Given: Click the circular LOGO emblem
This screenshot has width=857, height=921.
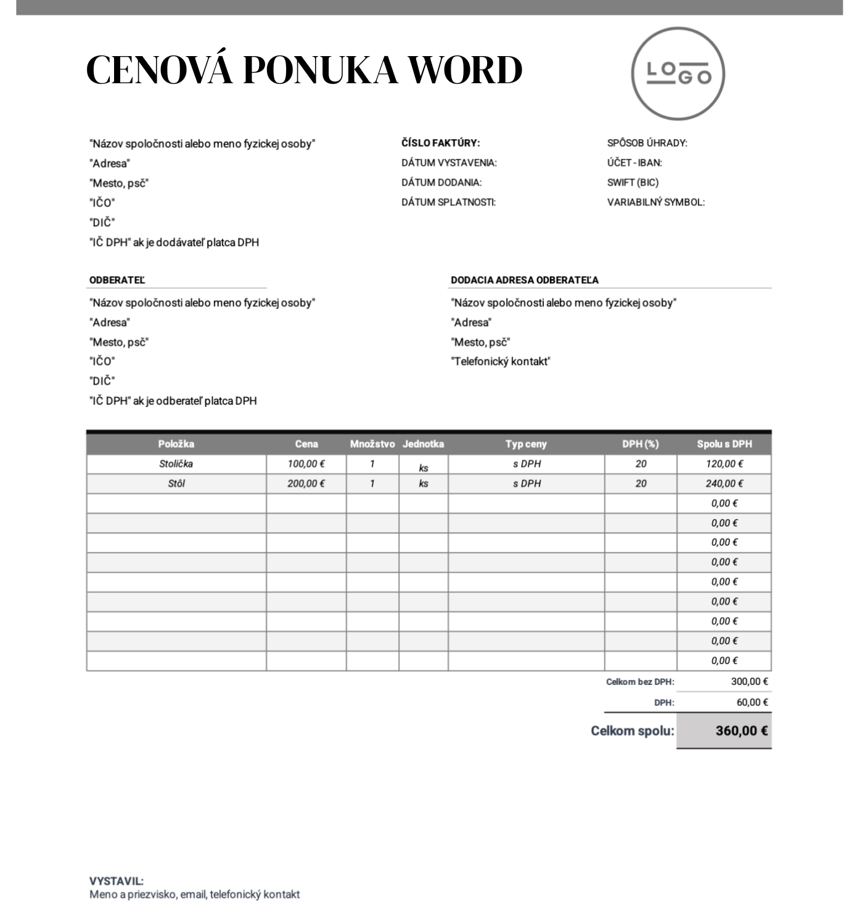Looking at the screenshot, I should click(678, 74).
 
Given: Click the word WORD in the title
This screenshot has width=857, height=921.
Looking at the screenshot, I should click(466, 70).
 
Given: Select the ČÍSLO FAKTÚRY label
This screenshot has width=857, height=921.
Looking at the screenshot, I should click(440, 143).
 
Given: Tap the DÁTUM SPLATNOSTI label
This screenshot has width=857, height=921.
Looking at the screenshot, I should click(448, 202).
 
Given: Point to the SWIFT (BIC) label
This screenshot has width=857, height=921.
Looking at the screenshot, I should click(633, 182).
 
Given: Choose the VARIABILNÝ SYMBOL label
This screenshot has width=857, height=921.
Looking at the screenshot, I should click(655, 202).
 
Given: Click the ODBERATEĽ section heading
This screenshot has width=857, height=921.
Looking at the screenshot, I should click(117, 280).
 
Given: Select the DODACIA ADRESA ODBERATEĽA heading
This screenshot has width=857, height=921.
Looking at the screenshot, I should click(524, 280).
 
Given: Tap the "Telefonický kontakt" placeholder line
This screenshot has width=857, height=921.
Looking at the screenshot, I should click(500, 362).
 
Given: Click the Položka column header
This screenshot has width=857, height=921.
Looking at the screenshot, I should click(176, 444).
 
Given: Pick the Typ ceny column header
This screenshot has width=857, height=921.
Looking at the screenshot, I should click(526, 444).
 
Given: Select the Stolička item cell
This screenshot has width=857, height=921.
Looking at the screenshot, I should click(176, 464).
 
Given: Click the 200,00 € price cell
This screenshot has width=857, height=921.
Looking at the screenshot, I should click(306, 483).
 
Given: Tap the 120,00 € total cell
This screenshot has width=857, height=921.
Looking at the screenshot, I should click(724, 464).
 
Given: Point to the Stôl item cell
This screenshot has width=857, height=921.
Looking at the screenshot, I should click(176, 483).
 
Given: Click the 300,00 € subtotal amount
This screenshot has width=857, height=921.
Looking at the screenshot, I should click(749, 682).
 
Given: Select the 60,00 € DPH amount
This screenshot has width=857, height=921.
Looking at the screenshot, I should click(752, 702).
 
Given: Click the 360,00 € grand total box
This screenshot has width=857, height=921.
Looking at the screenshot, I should click(724, 731).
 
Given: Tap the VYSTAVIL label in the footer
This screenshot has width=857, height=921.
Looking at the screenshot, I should click(117, 882).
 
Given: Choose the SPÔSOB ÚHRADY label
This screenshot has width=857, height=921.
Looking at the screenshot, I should click(647, 143).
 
